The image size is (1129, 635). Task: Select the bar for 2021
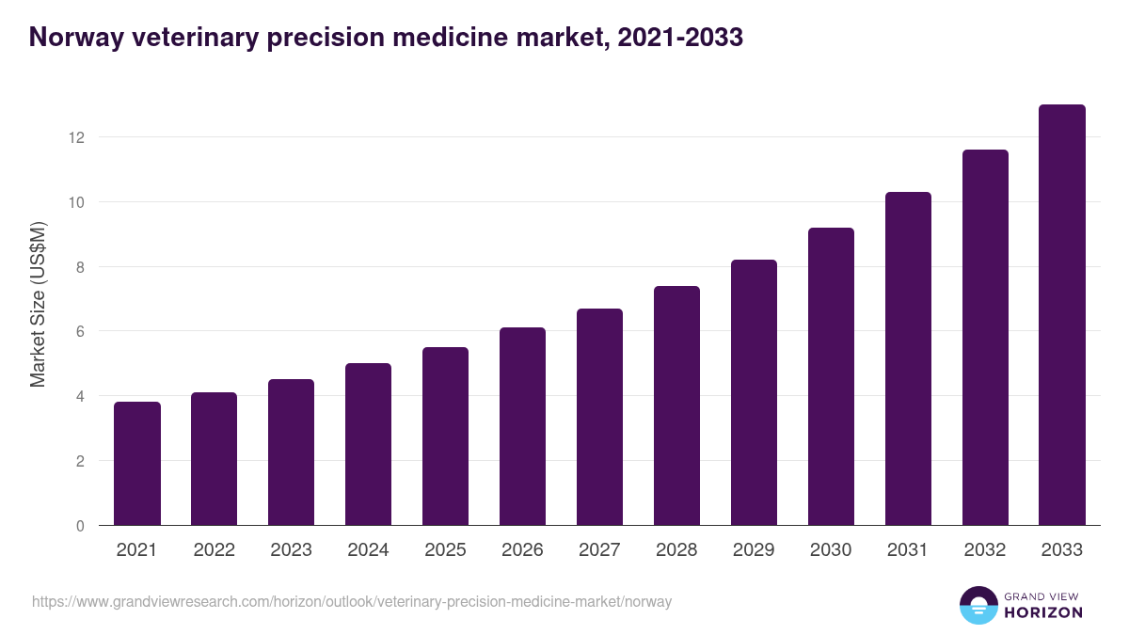[x=137, y=464]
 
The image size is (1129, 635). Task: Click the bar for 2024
[x=368, y=444]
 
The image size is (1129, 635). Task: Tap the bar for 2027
[x=599, y=417]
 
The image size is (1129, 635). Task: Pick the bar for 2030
[x=831, y=376]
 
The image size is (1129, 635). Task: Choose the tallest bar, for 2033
[x=1062, y=315]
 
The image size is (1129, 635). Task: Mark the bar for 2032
[x=985, y=338]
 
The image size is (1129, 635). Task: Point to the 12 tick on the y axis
[x=76, y=137]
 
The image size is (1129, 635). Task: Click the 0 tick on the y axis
[x=80, y=526]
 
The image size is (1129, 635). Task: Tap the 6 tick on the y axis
[x=80, y=331]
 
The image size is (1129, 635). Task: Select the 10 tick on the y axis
[x=76, y=202]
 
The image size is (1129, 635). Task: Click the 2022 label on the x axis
[x=214, y=550]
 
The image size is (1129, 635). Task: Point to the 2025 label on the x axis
[x=445, y=550]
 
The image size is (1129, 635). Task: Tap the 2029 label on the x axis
[x=754, y=550]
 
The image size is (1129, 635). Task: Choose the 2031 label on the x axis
[x=908, y=550]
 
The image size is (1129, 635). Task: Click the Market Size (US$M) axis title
[x=38, y=304]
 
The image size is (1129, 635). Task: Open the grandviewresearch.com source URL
[x=352, y=601]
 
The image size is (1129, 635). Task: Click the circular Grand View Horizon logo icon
[x=978, y=605]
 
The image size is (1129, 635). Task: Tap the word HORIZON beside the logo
[x=1042, y=612]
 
